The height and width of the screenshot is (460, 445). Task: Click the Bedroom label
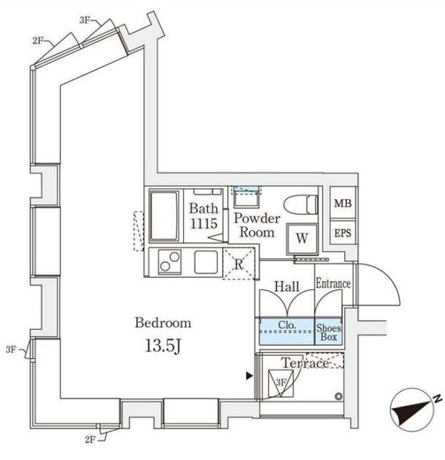click(163, 323)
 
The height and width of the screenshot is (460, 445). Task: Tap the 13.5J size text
click(163, 345)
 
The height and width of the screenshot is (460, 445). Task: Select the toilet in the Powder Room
click(301, 204)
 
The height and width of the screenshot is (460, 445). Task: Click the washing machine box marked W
click(302, 239)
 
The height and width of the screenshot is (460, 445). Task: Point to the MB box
click(342, 203)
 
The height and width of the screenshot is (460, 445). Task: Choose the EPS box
click(342, 233)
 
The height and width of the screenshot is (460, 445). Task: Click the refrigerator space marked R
click(238, 264)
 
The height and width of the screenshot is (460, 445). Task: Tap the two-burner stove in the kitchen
click(170, 262)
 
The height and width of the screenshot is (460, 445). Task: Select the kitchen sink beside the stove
click(206, 262)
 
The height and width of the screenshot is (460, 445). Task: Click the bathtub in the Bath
click(165, 216)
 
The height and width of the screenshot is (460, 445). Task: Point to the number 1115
click(203, 223)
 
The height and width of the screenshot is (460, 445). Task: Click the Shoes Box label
click(328, 333)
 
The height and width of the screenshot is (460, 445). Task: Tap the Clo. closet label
click(287, 325)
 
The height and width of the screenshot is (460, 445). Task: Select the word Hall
click(287, 287)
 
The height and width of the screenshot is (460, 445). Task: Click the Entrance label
click(334, 284)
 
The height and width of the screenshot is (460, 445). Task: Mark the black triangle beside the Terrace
click(249, 376)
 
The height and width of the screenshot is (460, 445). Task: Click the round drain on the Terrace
click(339, 396)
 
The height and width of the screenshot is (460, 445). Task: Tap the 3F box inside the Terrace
click(280, 383)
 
